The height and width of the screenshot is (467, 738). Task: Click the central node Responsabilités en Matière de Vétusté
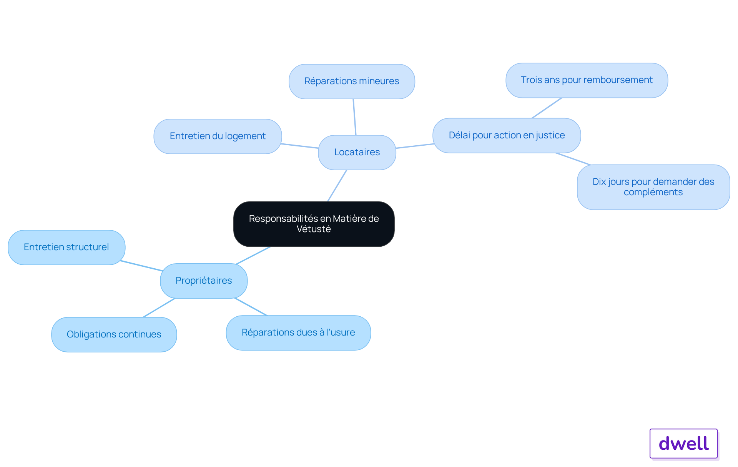314,224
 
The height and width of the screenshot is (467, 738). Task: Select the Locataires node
357,152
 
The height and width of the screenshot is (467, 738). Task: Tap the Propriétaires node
204,281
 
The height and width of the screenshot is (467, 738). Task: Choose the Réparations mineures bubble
352,81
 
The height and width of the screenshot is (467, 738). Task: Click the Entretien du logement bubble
218,136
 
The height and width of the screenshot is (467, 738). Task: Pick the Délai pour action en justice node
507,135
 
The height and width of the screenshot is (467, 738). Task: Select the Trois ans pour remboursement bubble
587,80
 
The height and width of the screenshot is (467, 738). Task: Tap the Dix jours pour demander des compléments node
653,187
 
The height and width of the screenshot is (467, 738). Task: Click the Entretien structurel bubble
66,247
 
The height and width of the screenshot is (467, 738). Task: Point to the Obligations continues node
114,334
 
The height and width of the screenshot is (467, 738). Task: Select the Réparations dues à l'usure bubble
298,332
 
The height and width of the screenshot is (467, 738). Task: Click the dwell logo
684,444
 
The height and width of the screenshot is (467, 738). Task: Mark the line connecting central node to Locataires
337,186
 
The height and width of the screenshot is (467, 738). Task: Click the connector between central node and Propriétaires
254,255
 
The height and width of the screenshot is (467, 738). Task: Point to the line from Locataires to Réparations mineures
354,117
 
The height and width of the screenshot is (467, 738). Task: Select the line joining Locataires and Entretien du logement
300,146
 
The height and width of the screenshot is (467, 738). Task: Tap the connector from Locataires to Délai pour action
415,146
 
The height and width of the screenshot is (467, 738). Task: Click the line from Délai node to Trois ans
547,108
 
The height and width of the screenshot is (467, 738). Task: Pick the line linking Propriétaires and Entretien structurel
141,266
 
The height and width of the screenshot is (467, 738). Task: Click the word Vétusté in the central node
314,229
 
